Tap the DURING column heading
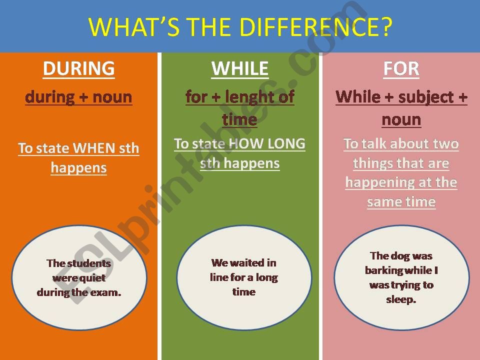pyautogui.click(x=79, y=68)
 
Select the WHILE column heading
pyautogui.click(x=240, y=68)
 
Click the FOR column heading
pyautogui.click(x=401, y=69)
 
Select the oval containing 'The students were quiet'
pyautogui.click(x=79, y=277)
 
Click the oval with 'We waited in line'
pyautogui.click(x=244, y=277)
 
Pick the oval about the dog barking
pyautogui.click(x=401, y=277)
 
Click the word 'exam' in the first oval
pyautogui.click(x=106, y=292)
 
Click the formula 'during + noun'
pyautogui.click(x=79, y=97)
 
